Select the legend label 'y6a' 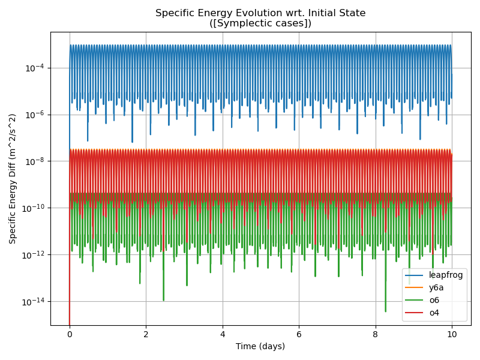tap(436, 287)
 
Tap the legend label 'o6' tap(434, 300)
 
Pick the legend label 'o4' tap(434, 313)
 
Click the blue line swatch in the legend tap(415, 275)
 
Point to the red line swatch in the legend tap(415, 313)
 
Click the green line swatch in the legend tap(415, 300)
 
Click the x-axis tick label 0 tap(70, 334)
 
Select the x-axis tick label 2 tap(146, 334)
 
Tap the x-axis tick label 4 tap(223, 334)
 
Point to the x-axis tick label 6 tap(299, 334)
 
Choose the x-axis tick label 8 tap(376, 334)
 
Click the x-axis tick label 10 tap(452, 334)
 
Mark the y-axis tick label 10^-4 tap(35, 68)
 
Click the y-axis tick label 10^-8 tap(35, 161)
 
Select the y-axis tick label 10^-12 tap(34, 255)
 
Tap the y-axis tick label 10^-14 tap(34, 302)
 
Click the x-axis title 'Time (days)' tap(260, 346)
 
